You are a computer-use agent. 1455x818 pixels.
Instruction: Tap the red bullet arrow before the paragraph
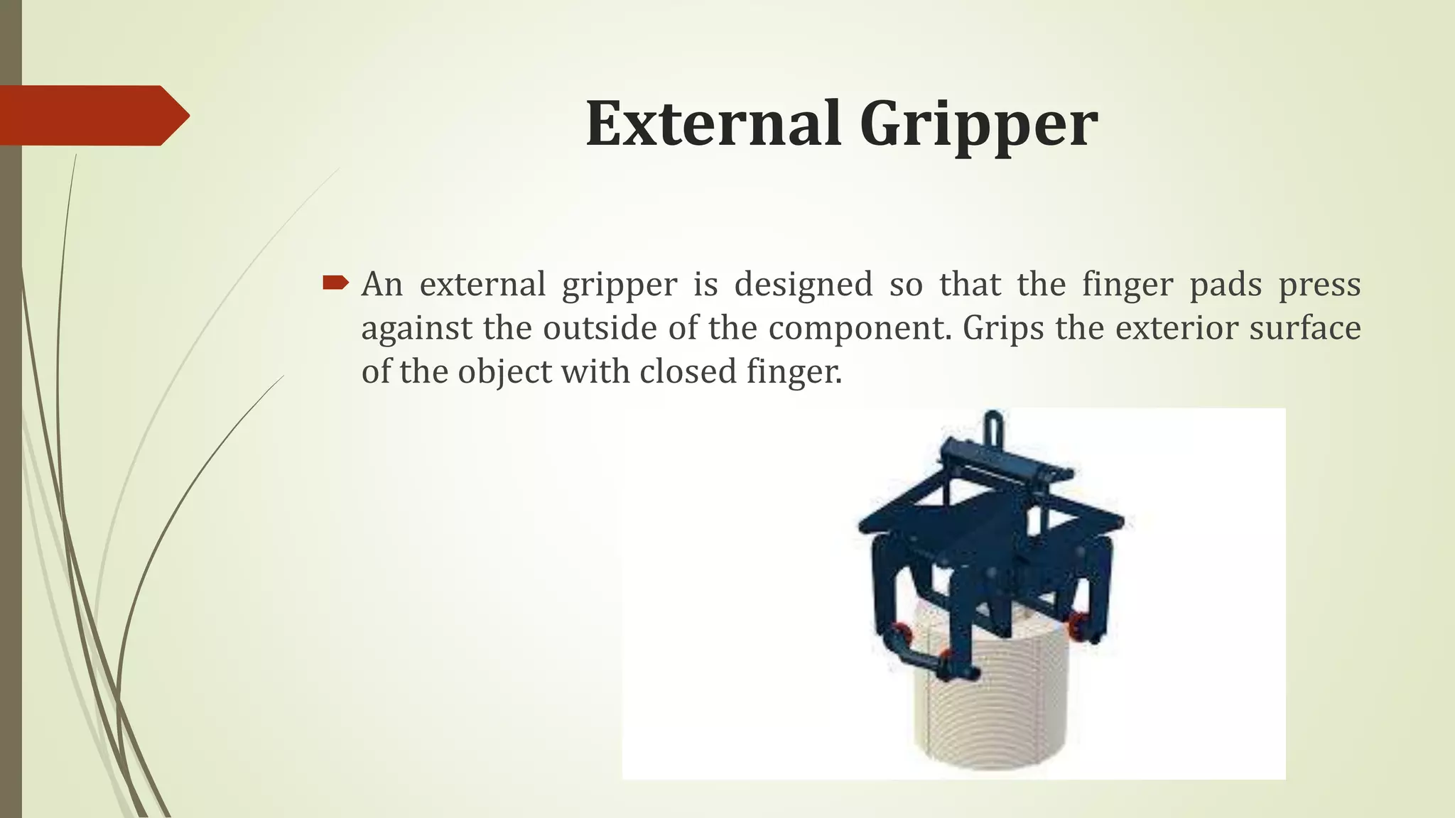[x=335, y=284]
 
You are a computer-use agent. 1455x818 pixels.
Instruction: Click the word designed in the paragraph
[x=803, y=285]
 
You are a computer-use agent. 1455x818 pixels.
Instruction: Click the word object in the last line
[x=504, y=373]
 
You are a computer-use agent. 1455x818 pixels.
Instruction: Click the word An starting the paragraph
[x=382, y=285]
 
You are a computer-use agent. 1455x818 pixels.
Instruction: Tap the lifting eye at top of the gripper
[x=993, y=425]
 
